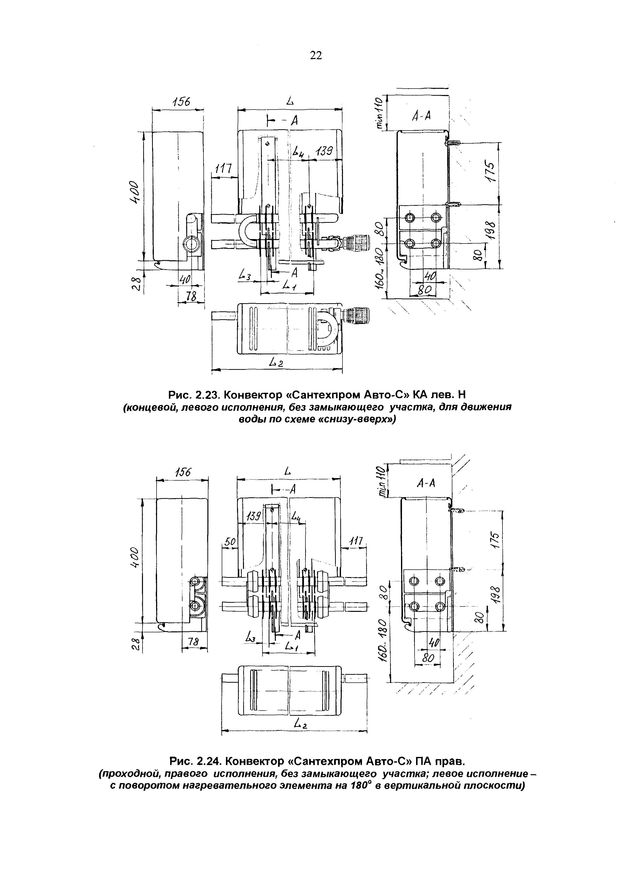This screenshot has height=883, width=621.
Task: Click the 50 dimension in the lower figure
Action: click(x=230, y=542)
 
